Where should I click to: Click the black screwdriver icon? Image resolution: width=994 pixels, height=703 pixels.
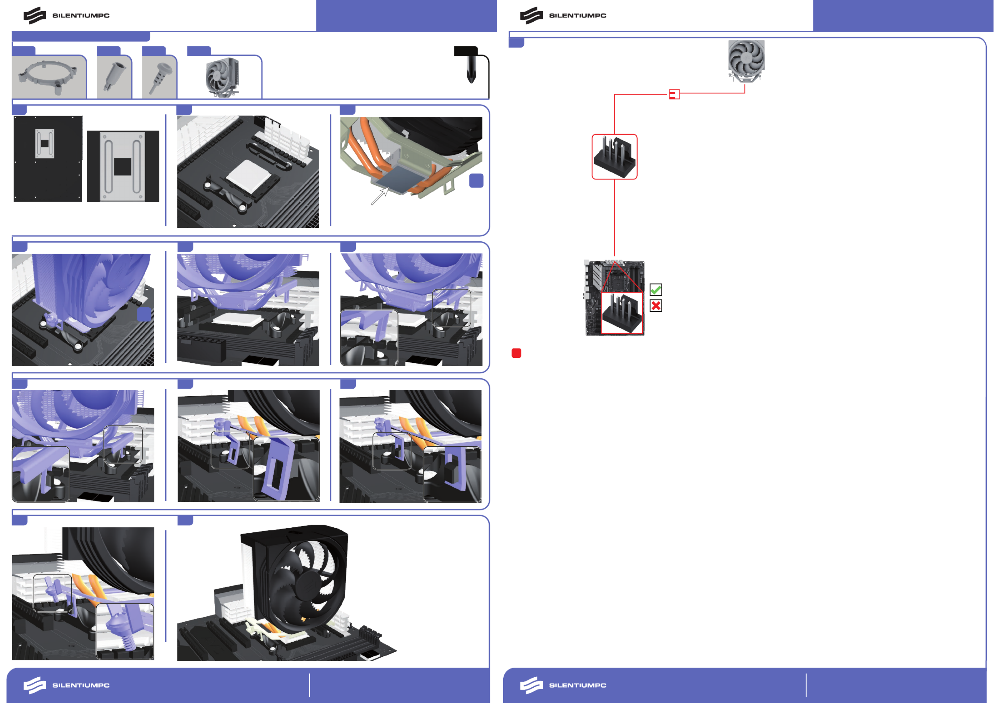470,65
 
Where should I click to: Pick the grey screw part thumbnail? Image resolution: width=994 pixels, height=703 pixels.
160,78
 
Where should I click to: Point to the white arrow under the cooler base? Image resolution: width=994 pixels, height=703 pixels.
380,196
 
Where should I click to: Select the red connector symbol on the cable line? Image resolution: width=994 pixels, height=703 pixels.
674,94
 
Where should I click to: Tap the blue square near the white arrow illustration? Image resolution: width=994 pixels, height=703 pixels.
476,181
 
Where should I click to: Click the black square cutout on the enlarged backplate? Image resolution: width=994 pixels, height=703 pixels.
122,167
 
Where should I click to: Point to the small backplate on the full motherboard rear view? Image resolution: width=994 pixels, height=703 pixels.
44,143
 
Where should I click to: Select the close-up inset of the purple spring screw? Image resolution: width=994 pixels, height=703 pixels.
125,631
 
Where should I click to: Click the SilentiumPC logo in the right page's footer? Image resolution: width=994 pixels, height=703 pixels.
563,685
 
